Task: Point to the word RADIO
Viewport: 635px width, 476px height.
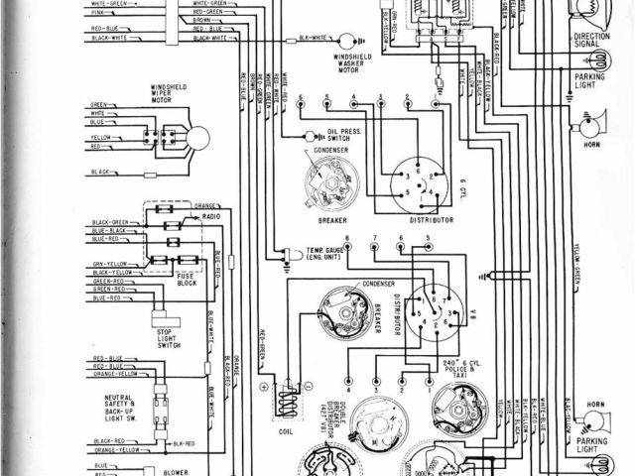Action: (x=211, y=215)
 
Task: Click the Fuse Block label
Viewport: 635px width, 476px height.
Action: (x=186, y=281)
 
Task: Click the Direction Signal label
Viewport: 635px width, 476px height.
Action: (x=591, y=42)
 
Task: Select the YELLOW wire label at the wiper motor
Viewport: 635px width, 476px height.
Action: (x=100, y=137)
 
